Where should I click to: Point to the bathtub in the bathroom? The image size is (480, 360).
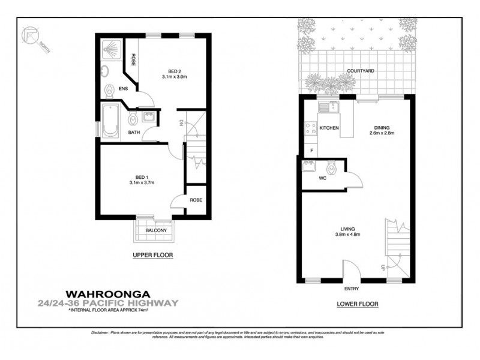(109, 123)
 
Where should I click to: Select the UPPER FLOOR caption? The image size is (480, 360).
(152, 255)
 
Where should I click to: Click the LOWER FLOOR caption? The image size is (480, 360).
(357, 304)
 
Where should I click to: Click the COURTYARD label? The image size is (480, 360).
(361, 71)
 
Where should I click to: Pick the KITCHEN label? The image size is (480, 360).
(329, 128)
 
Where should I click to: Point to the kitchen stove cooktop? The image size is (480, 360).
(311, 128)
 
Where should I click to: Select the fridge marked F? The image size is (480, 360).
(311, 149)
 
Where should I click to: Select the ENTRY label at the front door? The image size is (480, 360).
(352, 289)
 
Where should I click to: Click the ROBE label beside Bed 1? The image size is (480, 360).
(195, 200)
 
